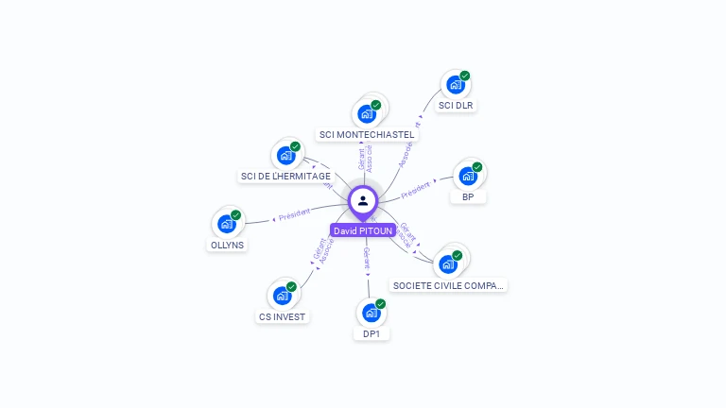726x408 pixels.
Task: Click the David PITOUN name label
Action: pyautogui.click(x=363, y=230)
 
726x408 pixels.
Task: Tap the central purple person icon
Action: pyautogui.click(x=363, y=200)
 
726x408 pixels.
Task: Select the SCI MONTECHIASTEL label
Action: pyautogui.click(x=367, y=134)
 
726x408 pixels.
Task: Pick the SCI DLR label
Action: pyautogui.click(x=456, y=105)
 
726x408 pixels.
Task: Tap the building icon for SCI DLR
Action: pyautogui.click(x=456, y=85)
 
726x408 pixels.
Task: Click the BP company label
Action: pyautogui.click(x=468, y=196)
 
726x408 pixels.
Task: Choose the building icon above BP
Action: pyautogui.click(x=468, y=177)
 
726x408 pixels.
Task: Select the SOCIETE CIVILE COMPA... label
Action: pyautogui.click(x=449, y=284)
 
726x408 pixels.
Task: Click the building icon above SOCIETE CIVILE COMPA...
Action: pyautogui.click(x=448, y=263)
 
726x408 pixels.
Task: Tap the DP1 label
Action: pyautogui.click(x=372, y=333)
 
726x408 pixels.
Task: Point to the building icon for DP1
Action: pyautogui.click(x=372, y=313)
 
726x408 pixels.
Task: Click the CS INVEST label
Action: pyautogui.click(x=282, y=316)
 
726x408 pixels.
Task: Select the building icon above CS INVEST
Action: pyautogui.click(x=282, y=296)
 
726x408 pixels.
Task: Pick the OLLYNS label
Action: pyautogui.click(x=227, y=245)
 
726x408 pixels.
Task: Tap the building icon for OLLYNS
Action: pyautogui.click(x=227, y=224)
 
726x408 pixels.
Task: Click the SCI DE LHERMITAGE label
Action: pyautogui.click(x=285, y=176)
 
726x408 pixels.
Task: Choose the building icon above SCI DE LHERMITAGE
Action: pyautogui.click(x=285, y=156)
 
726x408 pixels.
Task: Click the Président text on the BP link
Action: pyautogui.click(x=416, y=189)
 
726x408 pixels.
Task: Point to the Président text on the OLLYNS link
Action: pyautogui.click(x=294, y=213)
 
